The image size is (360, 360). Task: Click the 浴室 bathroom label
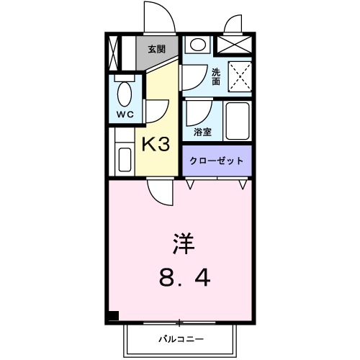[x=202, y=132]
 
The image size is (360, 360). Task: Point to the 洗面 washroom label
[x=217, y=76]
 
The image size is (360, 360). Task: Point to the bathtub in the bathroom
[x=237, y=122]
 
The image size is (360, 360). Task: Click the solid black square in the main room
[x=114, y=315]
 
